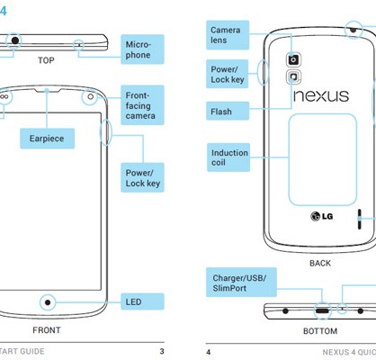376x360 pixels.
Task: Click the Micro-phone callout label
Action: click(x=142, y=49)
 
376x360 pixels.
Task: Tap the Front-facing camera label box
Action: click(x=142, y=105)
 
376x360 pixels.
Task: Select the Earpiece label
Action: click(x=47, y=139)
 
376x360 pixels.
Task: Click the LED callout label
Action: click(x=142, y=301)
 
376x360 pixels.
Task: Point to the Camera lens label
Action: click(x=228, y=35)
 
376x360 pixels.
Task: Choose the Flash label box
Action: click(x=228, y=111)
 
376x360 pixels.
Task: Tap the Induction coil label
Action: click(x=228, y=157)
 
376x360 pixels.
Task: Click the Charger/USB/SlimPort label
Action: click(x=241, y=283)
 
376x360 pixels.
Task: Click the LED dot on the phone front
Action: click(x=48, y=302)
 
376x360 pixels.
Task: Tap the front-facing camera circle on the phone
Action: click(x=90, y=97)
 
